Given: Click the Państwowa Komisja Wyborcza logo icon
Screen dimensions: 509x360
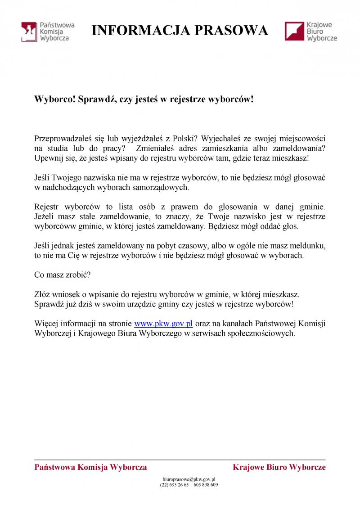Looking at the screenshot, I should point(29,32).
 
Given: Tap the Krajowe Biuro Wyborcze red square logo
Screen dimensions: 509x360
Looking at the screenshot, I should point(293,32).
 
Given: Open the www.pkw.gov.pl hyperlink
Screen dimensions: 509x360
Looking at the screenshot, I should point(164,323).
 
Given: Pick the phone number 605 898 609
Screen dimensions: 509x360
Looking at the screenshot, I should point(206,485).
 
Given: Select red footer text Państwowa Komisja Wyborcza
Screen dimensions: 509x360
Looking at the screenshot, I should point(90,467).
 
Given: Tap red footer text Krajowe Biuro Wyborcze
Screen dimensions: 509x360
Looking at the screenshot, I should point(279,467).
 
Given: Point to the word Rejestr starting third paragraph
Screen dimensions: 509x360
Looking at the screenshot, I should point(46,207).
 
